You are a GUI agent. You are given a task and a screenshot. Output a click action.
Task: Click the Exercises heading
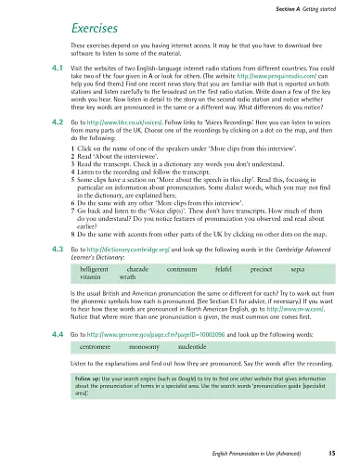point(92,28)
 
